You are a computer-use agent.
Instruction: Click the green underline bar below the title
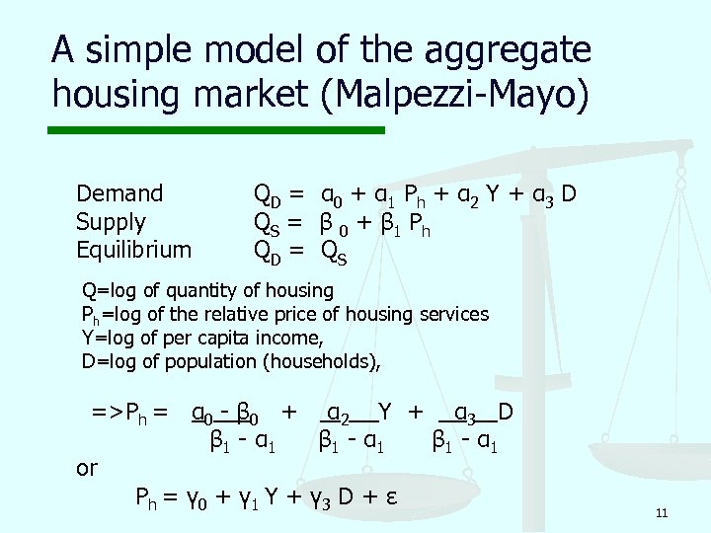(218, 129)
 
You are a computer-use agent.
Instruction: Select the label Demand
(119, 193)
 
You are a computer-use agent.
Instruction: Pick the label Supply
(111, 222)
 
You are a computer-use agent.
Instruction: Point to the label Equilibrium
(134, 250)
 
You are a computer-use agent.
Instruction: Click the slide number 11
(662, 512)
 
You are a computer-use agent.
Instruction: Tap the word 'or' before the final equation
(87, 468)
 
